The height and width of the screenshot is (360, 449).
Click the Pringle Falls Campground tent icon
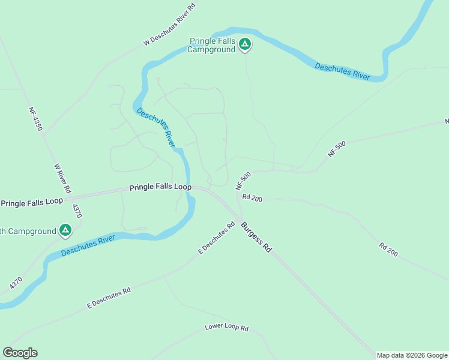pyautogui.click(x=244, y=44)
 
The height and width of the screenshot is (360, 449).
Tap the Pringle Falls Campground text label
pyautogui.click(x=212, y=45)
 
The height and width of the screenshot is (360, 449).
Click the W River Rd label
pyautogui.click(x=62, y=178)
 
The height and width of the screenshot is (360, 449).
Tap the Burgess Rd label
pyautogui.click(x=256, y=237)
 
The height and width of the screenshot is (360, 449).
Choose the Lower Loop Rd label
pyautogui.click(x=226, y=328)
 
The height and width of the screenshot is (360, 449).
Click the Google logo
pyautogui.click(x=20, y=353)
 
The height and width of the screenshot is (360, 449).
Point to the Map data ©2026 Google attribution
pyautogui.click(x=412, y=355)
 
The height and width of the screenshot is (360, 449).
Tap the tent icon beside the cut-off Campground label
pyautogui.click(x=65, y=230)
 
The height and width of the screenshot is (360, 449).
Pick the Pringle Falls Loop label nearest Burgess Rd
pyautogui.click(x=160, y=188)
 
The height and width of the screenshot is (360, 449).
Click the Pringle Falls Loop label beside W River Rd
pyautogui.click(x=32, y=202)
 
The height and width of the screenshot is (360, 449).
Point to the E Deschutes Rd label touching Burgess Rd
pyautogui.click(x=216, y=239)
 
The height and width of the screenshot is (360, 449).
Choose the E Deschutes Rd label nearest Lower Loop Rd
pyautogui.click(x=109, y=298)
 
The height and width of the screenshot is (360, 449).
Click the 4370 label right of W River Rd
pyautogui.click(x=76, y=211)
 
